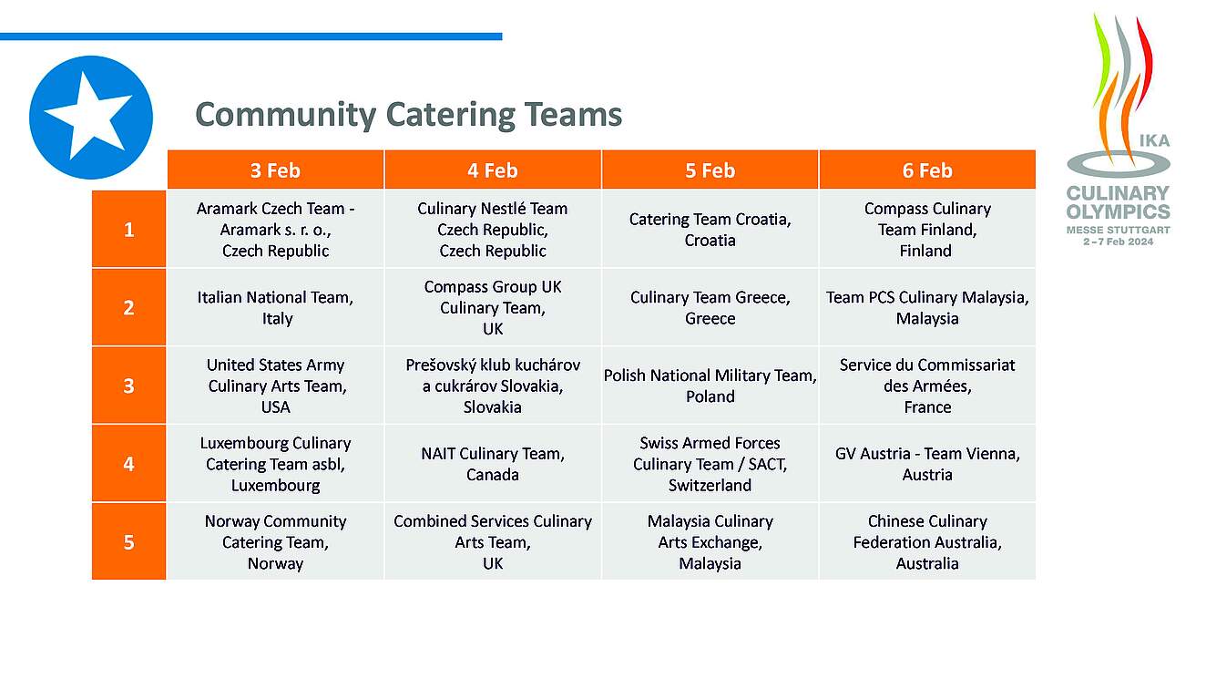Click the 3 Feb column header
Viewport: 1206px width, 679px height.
click(x=275, y=170)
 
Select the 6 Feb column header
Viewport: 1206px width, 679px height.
click(x=927, y=170)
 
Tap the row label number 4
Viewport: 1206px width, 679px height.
click(x=128, y=463)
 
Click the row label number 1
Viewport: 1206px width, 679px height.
click(x=128, y=229)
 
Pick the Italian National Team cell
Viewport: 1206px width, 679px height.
click(x=275, y=307)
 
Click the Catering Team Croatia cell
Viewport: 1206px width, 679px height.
click(x=710, y=229)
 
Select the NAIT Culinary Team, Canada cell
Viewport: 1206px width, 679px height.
click(x=493, y=463)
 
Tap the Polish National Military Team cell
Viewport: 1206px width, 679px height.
click(x=710, y=386)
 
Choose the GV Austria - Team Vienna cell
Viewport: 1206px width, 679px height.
click(x=927, y=463)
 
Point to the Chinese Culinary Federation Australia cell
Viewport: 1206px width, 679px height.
click(x=927, y=541)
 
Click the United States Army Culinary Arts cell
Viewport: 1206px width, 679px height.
click(x=275, y=386)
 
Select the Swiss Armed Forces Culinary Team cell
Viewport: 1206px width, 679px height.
click(x=710, y=463)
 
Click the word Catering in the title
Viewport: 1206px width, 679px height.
click(x=450, y=115)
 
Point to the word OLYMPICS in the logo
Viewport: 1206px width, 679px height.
click(x=1119, y=211)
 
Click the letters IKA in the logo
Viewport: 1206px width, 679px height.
click(x=1154, y=140)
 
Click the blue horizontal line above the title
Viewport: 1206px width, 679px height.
click(x=250, y=36)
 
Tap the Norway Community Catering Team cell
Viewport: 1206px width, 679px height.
click(x=275, y=541)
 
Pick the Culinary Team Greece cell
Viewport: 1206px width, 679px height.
click(x=710, y=307)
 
